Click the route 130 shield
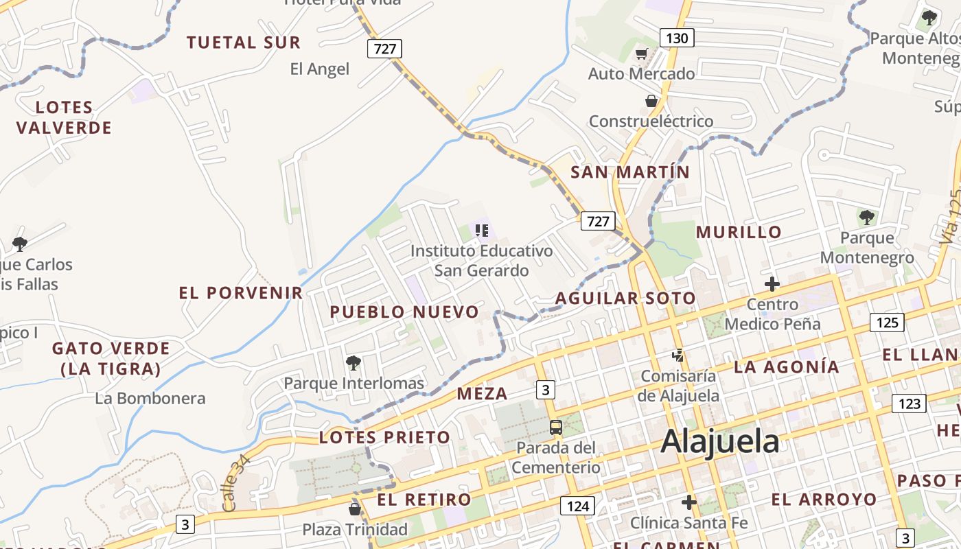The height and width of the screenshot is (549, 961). (x=677, y=38)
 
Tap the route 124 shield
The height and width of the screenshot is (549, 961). (x=578, y=506)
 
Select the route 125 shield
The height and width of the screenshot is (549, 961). (x=887, y=323)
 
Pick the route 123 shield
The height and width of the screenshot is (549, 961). (x=909, y=404)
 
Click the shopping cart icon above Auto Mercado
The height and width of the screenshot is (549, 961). (x=641, y=54)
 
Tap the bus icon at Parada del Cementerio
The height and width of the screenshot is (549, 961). (x=556, y=428)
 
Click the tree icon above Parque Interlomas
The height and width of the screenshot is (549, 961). (x=354, y=362)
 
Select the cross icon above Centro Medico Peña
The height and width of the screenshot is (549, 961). (x=772, y=283)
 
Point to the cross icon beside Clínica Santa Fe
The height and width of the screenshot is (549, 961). (x=689, y=502)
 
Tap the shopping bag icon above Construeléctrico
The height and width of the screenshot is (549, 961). (x=651, y=102)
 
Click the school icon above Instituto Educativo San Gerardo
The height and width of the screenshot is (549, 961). (x=481, y=230)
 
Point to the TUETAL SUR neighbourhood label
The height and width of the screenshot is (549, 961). (x=244, y=43)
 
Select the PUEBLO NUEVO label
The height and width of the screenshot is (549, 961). (x=404, y=312)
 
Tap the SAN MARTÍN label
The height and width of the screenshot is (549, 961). (x=630, y=172)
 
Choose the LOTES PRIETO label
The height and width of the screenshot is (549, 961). (x=384, y=437)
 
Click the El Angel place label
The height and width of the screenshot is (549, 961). (x=319, y=69)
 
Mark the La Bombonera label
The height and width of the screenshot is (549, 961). (x=150, y=398)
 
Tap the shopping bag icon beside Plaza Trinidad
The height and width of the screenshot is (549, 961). (x=355, y=509)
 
